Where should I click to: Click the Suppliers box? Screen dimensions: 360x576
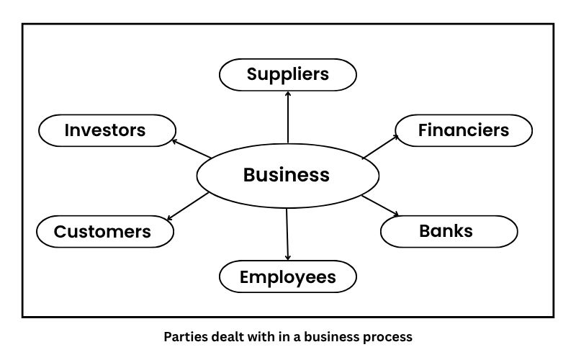[287, 74]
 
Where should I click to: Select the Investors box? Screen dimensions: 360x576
[107, 130]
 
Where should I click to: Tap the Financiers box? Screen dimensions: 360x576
[464, 130]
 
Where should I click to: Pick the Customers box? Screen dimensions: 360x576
[104, 232]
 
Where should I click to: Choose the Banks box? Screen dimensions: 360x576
[448, 231]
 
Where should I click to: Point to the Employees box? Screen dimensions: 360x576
[287, 277]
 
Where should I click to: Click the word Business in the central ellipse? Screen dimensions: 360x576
[287, 175]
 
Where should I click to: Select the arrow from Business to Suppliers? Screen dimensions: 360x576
[287, 119]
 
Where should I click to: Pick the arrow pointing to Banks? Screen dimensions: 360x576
[380, 205]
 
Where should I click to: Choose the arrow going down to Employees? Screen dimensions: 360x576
[287, 234]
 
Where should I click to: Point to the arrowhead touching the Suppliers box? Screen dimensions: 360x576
[287, 94]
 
